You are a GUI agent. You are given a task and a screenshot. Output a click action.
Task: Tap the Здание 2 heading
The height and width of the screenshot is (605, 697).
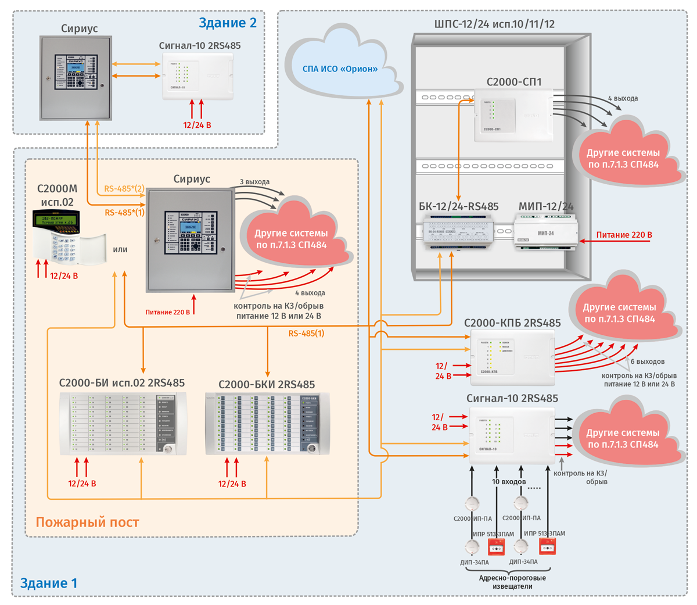tap(228, 23)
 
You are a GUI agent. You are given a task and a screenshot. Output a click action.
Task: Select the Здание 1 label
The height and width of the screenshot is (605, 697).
tap(49, 583)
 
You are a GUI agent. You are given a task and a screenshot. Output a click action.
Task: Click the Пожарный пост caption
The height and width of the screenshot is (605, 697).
tap(88, 522)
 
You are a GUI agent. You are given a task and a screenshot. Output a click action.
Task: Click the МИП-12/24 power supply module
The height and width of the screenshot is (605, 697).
tap(544, 231)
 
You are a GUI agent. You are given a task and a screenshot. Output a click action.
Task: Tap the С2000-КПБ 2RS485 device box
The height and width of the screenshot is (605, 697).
tap(512, 357)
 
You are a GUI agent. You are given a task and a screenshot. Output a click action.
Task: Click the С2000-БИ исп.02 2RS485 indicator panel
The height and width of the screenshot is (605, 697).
tap(123, 423)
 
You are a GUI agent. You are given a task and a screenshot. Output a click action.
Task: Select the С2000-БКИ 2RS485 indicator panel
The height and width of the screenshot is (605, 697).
tap(267, 423)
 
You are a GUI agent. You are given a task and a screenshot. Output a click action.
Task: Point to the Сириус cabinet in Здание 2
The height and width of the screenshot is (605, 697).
tap(76, 78)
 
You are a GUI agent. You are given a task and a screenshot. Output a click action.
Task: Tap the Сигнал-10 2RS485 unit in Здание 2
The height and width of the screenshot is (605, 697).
tap(197, 76)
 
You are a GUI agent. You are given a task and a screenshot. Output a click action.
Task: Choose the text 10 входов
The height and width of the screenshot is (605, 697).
tap(509, 482)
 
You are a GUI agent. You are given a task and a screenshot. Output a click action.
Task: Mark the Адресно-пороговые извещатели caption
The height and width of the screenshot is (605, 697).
tap(512, 582)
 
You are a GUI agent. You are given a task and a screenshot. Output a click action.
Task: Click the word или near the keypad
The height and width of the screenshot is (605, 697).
tap(120, 249)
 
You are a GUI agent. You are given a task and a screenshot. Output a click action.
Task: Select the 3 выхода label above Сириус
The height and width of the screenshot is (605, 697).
tap(255, 182)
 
